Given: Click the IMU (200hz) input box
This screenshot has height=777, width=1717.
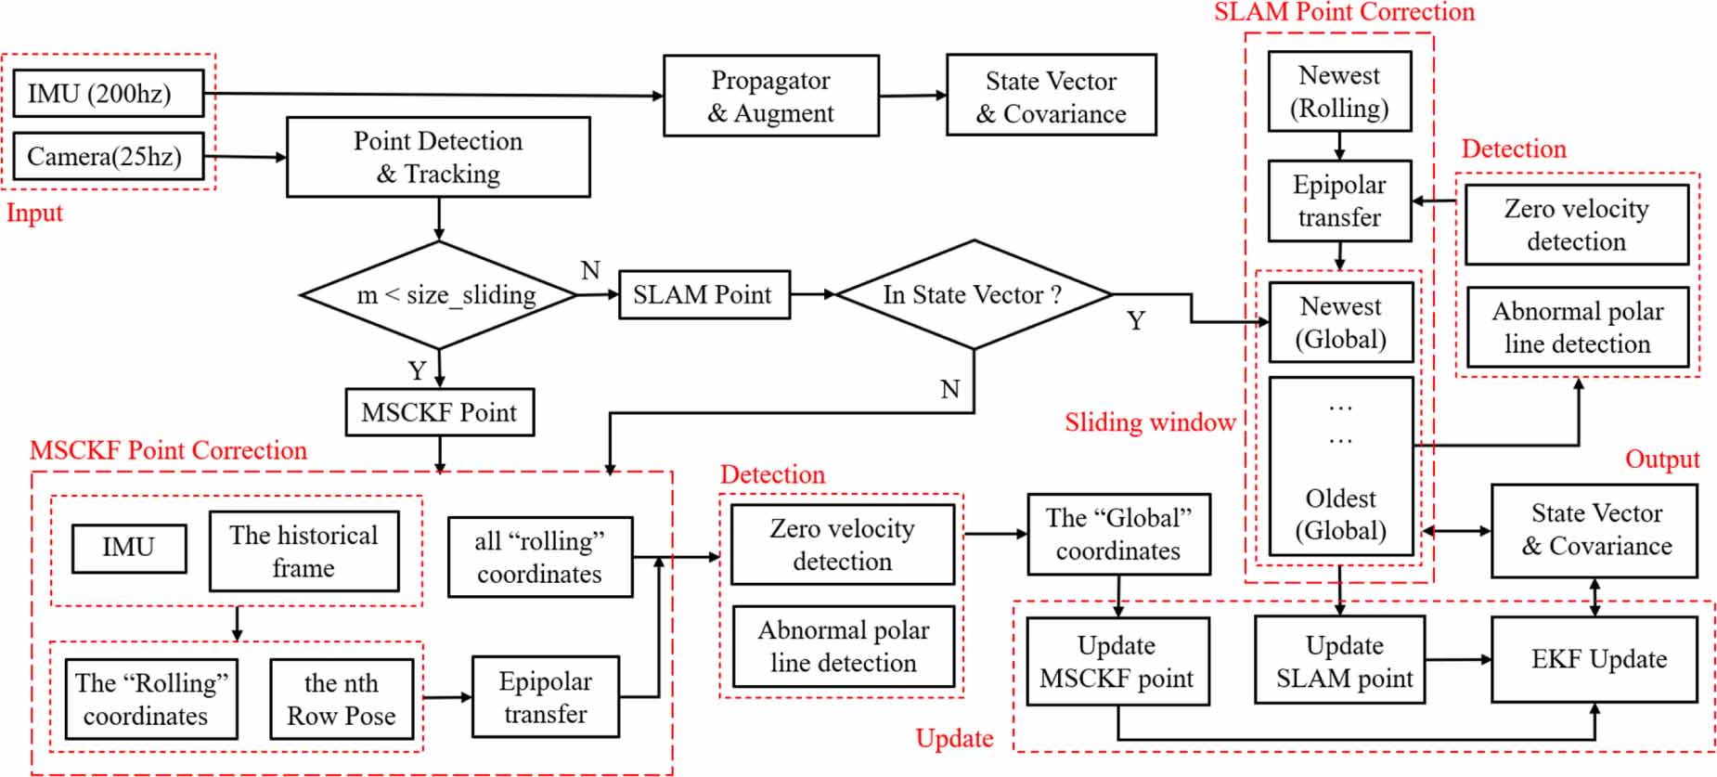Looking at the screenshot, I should pyautogui.click(x=108, y=93).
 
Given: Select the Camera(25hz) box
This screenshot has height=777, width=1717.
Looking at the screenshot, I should pyautogui.click(x=108, y=156).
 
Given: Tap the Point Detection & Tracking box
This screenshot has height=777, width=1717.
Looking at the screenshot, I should pyautogui.click(x=437, y=157).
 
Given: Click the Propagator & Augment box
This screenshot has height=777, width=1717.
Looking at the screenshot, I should pyautogui.click(x=770, y=96).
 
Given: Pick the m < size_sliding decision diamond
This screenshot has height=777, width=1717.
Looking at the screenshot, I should pyautogui.click(x=439, y=295).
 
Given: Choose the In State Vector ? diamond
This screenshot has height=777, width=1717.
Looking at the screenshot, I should pyautogui.click(x=973, y=294).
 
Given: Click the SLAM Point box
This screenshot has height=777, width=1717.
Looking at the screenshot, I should pyautogui.click(x=704, y=294).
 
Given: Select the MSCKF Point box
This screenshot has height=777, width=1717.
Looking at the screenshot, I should pyautogui.click(x=439, y=412).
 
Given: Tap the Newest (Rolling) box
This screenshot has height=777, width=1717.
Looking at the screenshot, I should pyautogui.click(x=1339, y=91).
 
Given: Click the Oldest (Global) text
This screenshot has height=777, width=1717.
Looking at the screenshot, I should pyautogui.click(x=1340, y=514).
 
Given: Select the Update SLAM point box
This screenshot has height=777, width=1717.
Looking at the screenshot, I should pyautogui.click(x=1344, y=661).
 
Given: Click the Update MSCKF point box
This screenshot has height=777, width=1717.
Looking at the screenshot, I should pyautogui.click(x=1117, y=662).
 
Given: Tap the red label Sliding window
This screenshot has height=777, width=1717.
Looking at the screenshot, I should pyautogui.click(x=1149, y=422).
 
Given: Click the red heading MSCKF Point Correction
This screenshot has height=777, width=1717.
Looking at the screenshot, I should pyautogui.click(x=168, y=450).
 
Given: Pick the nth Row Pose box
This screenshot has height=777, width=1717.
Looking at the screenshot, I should pyautogui.click(x=341, y=699).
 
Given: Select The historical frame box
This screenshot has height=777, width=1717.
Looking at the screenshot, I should pyautogui.click(x=303, y=550).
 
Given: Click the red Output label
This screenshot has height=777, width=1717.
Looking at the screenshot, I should pyautogui.click(x=1661, y=460).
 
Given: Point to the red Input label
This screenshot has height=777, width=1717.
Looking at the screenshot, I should pyautogui.click(x=34, y=213).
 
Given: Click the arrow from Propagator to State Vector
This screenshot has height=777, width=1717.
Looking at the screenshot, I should pyautogui.click(x=912, y=95).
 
